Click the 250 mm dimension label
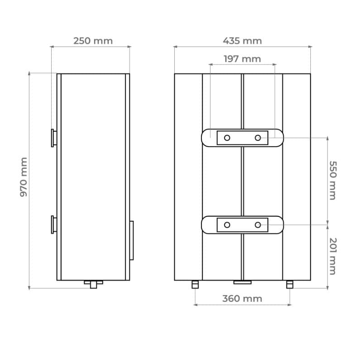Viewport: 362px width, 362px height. tap(93, 41)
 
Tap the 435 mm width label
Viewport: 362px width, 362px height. tap(242, 41)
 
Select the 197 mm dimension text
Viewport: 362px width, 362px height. tap(242, 59)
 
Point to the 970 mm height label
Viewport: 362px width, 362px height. tap(24, 177)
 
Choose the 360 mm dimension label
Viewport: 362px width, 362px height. tap(242, 299)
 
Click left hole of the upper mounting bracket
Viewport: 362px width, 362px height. tap(227, 138)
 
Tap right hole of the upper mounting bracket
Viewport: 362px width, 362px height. tap(257, 138)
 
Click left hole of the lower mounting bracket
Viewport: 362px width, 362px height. tap(227, 225)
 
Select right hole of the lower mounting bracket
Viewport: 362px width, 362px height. tap(257, 225)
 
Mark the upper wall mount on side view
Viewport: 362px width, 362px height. tap(54, 138)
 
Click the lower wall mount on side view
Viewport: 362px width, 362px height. tap(54, 225)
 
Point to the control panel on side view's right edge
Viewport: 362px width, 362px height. tap(131, 240)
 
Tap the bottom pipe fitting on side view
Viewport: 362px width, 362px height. tap(93, 284)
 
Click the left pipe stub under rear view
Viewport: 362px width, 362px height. tap(195, 284)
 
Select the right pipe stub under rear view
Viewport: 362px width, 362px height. tap(290, 284)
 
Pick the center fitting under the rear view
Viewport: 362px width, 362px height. tap(242, 282)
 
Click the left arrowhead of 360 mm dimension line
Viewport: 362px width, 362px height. tap(195, 305)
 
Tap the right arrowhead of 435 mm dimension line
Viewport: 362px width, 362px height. tap(310, 46)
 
